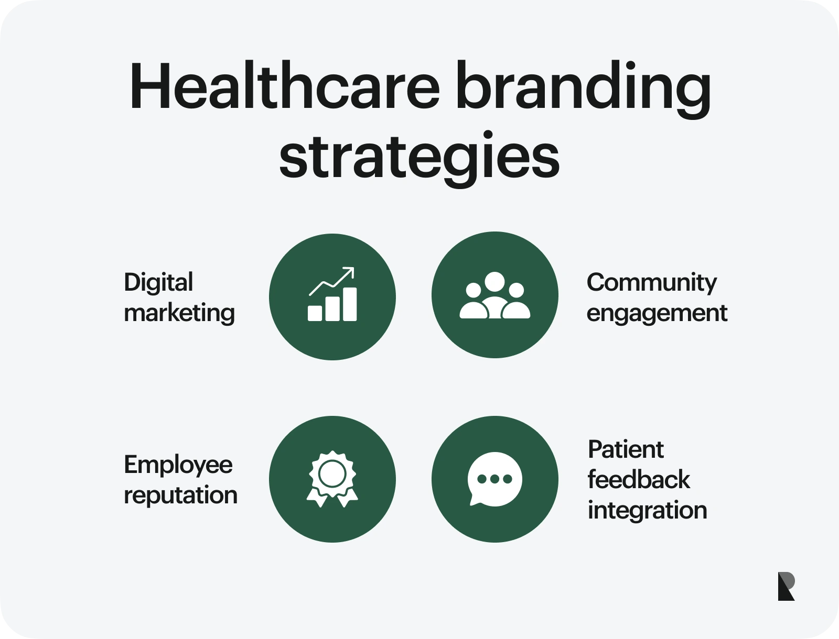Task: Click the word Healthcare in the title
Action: click(x=284, y=87)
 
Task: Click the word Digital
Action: click(x=158, y=283)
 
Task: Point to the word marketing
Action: click(x=179, y=313)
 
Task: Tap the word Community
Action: click(x=651, y=283)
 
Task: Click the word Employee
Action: click(x=178, y=465)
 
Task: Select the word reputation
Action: click(x=180, y=495)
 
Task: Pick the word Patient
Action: click(x=626, y=450)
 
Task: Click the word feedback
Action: click(x=638, y=480)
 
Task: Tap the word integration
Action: click(x=647, y=511)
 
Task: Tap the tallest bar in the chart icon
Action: click(x=349, y=304)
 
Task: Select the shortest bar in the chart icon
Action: click(x=315, y=313)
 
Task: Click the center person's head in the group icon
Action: click(x=494, y=281)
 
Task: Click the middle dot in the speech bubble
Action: click(x=494, y=479)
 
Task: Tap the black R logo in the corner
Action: click(x=786, y=586)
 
